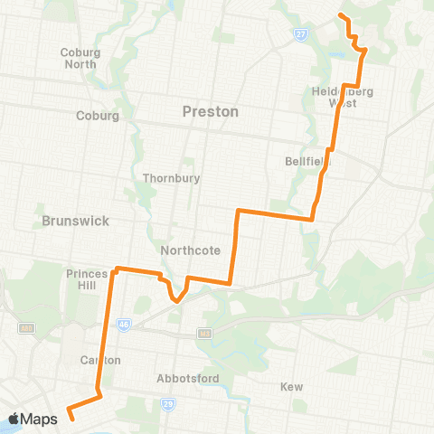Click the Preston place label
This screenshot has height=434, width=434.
coord(211,112)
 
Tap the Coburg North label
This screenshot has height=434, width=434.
coord(80,58)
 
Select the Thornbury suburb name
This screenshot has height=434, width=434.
coord(169,178)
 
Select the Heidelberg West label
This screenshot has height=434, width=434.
coord(342,97)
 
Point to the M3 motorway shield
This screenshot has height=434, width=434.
coord(204,334)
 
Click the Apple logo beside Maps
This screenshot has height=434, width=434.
coord(14,419)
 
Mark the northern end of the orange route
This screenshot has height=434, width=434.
coord(340,15)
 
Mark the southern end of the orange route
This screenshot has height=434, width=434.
coord(71,419)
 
